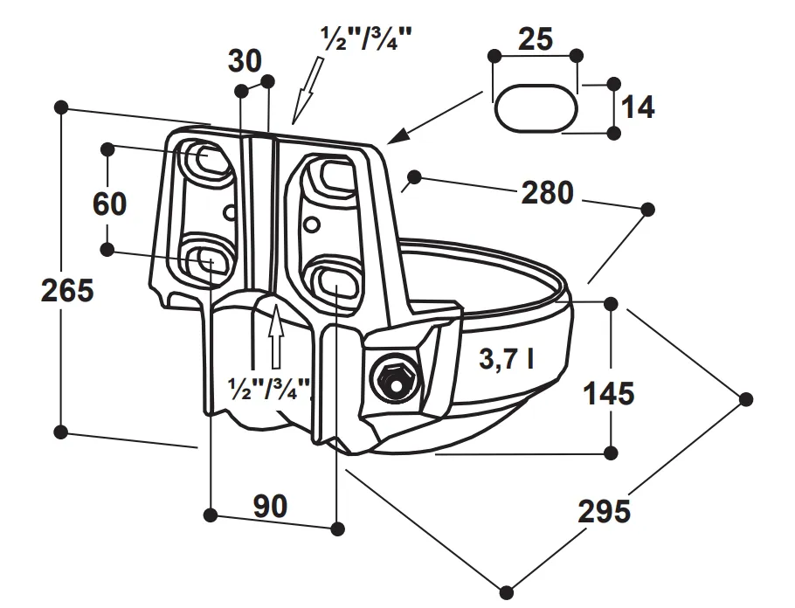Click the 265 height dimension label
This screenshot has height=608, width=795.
pos(67,289)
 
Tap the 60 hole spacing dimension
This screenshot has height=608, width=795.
pos(110,204)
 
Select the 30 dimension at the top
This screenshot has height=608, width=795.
pos(245,61)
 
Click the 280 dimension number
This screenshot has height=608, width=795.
pos(548,192)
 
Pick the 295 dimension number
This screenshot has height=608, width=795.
pos(604,510)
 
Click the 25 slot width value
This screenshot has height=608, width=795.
pos(535,38)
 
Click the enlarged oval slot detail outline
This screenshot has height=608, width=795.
pos(536,107)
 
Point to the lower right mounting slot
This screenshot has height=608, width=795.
pos(333,281)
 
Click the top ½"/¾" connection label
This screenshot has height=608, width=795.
pos(367,38)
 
